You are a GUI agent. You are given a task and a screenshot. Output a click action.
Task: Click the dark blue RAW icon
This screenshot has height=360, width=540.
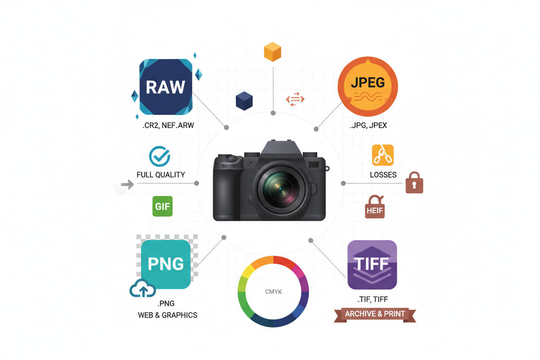tap(166, 87)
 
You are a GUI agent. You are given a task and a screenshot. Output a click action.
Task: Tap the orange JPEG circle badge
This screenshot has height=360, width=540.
tap(368, 87)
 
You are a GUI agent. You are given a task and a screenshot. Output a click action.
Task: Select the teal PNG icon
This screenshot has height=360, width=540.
tap(166, 264)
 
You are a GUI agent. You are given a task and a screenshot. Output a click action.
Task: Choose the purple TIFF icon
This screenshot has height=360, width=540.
tap(372, 265)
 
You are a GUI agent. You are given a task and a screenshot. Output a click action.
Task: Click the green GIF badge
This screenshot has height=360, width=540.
tap(163, 206)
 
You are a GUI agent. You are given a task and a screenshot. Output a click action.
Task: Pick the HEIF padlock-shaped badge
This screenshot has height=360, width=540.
tap(375, 207)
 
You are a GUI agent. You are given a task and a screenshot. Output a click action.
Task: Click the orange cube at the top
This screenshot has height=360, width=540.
tap(273, 52)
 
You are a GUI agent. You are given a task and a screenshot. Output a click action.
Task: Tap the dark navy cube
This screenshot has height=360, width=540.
tap(244, 101)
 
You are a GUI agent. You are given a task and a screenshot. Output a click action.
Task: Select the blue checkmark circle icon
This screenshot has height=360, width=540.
tap(159, 156)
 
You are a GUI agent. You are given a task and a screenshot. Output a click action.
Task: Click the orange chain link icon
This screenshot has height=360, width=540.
tap(383, 155)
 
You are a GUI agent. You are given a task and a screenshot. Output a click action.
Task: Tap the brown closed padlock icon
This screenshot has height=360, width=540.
tap(415, 183)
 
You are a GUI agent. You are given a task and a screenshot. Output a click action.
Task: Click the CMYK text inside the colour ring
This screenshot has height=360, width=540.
tap(273, 292)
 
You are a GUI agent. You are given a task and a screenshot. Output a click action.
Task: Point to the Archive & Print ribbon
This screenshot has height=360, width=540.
tap(375, 315)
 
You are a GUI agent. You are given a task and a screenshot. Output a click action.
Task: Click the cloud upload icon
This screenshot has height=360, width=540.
tap(143, 288)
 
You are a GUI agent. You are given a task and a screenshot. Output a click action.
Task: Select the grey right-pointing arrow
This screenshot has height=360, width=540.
tap(127, 185)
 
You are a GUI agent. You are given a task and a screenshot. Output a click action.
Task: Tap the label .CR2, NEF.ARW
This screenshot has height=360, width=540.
tap(168, 125)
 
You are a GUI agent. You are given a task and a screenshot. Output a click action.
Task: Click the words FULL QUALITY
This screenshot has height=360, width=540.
tap(161, 174)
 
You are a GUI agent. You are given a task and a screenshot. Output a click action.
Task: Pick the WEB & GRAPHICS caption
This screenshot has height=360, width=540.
tap(167, 315)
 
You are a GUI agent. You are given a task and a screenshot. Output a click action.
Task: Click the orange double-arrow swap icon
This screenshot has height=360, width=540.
tap(295, 99)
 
